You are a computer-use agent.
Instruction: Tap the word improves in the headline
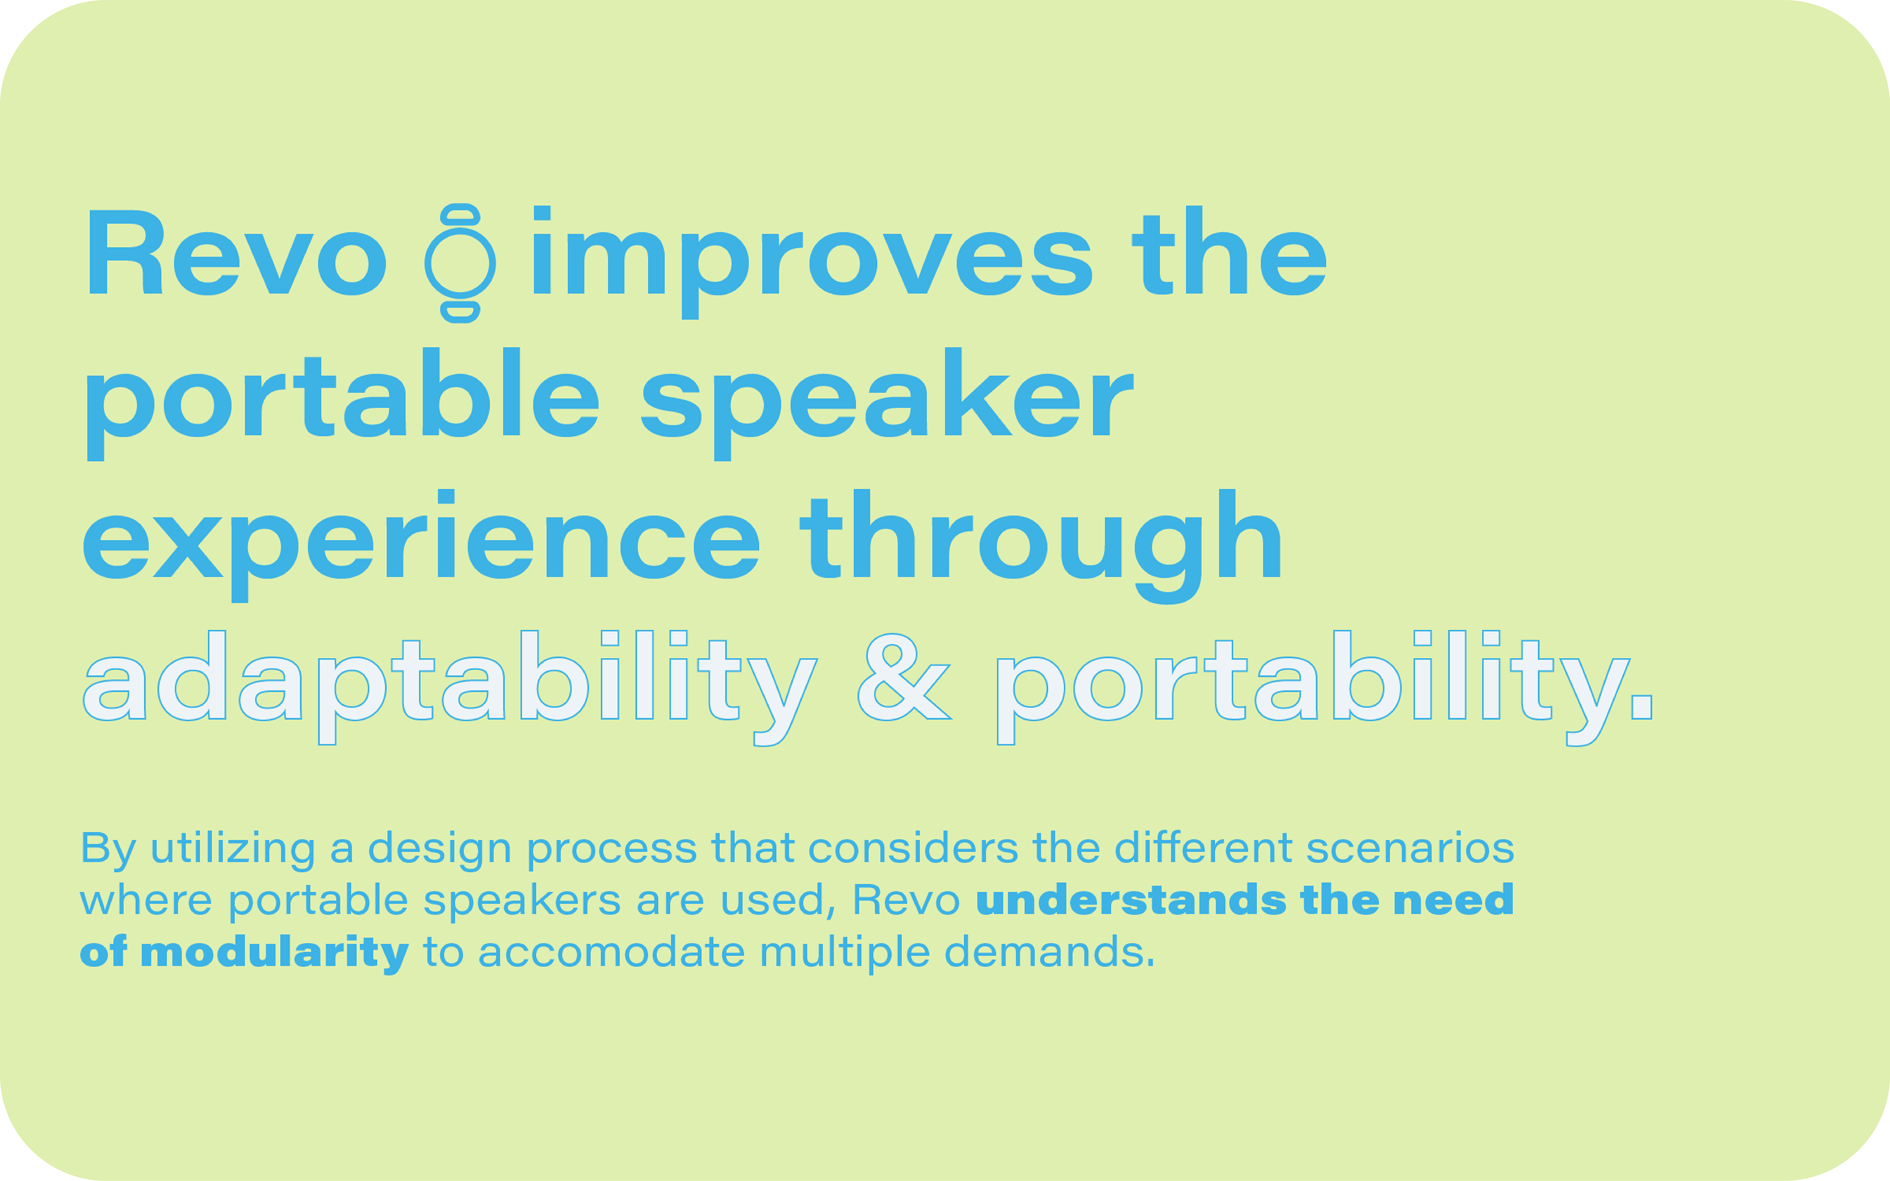click(x=812, y=262)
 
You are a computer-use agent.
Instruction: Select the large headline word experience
click(x=421, y=546)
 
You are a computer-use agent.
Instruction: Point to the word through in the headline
click(x=1041, y=547)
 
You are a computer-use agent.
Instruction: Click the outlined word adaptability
click(x=450, y=687)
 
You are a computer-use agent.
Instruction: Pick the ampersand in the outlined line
click(x=904, y=677)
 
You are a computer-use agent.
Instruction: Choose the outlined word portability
click(x=1325, y=687)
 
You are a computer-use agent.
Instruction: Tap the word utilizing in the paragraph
click(x=233, y=849)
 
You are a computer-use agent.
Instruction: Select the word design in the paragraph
click(x=440, y=849)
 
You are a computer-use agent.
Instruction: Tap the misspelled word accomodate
click(x=611, y=952)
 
